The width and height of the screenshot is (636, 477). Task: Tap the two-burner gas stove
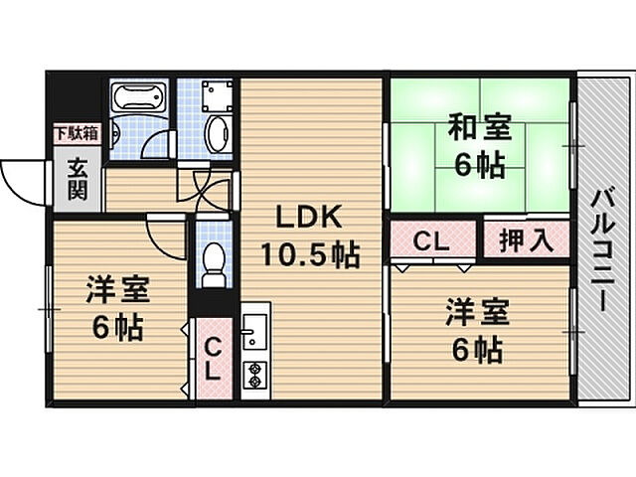tap(255, 375)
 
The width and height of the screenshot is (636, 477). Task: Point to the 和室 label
tap(481, 128)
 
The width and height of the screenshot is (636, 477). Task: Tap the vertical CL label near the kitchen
tap(213, 359)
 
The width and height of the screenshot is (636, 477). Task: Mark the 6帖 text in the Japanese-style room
tap(481, 165)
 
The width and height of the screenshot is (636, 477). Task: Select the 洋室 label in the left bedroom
tap(116, 289)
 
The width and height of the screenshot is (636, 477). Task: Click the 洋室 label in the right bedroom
tap(476, 312)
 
